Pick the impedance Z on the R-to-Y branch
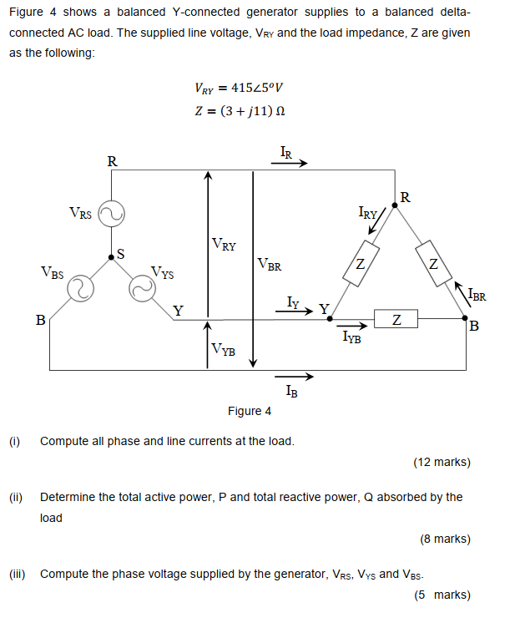(x=359, y=265)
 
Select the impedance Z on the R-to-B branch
(x=432, y=265)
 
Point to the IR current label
(x=286, y=152)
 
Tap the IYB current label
(x=351, y=337)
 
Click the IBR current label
(x=477, y=294)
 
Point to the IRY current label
(x=370, y=214)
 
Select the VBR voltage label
(x=270, y=266)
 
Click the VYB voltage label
(x=223, y=349)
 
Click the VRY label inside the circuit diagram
(x=224, y=246)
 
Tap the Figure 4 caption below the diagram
(x=250, y=411)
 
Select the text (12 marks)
(x=442, y=462)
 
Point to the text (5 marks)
(x=442, y=595)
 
